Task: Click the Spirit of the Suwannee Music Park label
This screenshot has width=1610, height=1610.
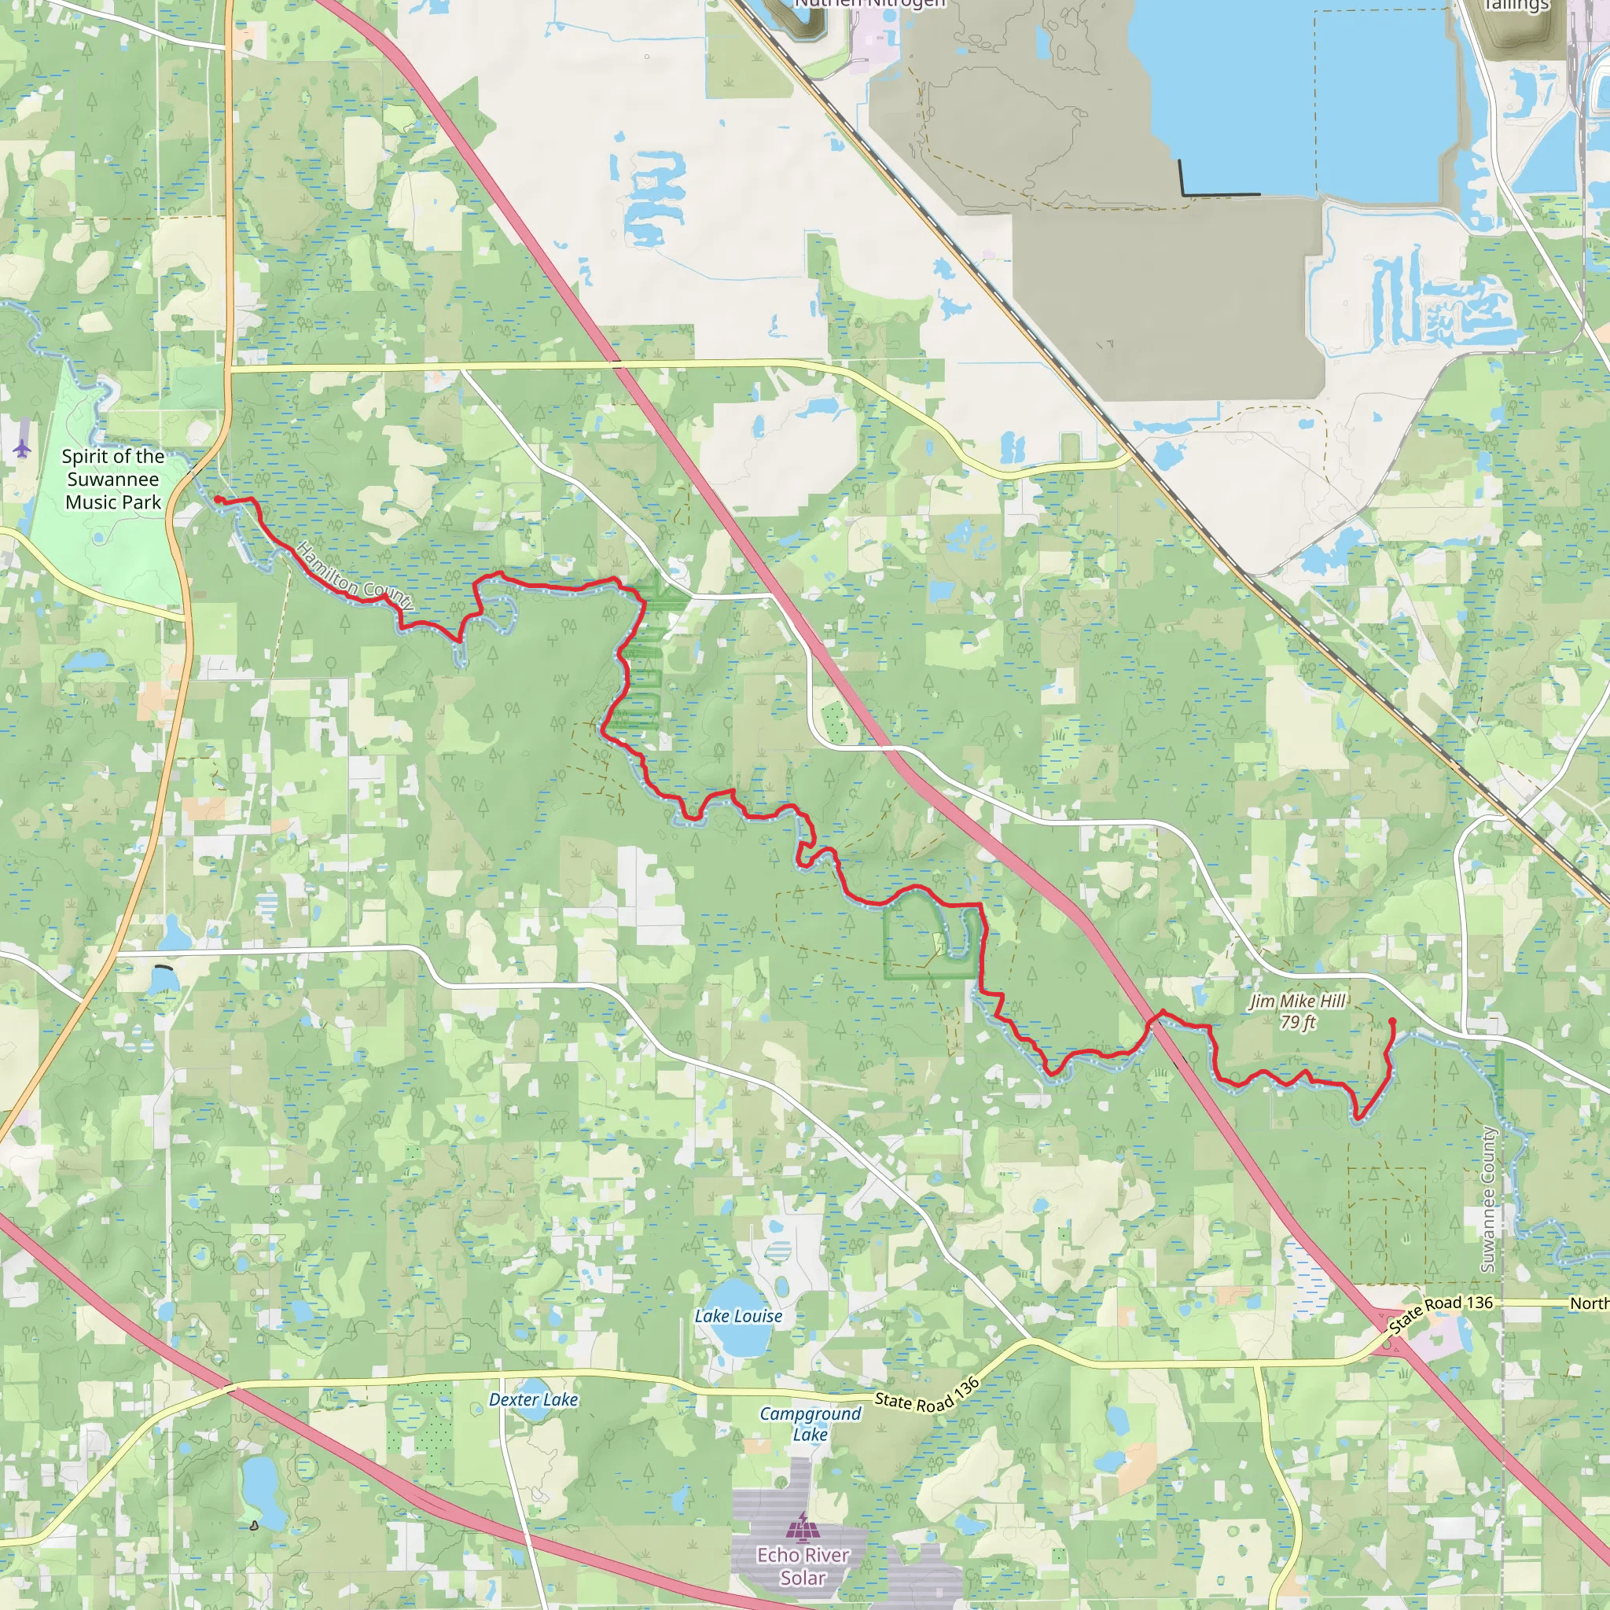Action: [112, 480]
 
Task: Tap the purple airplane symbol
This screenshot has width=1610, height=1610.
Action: [22, 449]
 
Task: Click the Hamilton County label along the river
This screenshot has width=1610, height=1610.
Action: [355, 575]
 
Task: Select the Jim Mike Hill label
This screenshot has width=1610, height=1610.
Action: [1297, 1001]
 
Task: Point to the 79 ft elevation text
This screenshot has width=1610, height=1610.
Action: [1297, 1022]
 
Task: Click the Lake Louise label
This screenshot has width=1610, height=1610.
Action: [738, 1316]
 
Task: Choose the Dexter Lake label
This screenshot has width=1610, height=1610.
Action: [533, 1400]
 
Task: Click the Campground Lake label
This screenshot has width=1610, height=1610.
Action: [810, 1424]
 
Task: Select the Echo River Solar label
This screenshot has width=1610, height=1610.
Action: [803, 1566]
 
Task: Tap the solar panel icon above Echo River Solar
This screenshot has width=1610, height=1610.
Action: [803, 1527]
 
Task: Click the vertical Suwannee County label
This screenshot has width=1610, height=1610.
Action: [1487, 1199]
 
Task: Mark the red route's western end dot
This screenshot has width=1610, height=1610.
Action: [219, 499]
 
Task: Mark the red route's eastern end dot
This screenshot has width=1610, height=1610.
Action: [1392, 1021]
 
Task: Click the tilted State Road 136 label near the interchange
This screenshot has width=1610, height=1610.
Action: [1440, 1314]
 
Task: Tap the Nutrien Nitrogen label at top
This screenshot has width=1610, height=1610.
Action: [869, 4]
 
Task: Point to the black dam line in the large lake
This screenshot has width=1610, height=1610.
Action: [1219, 194]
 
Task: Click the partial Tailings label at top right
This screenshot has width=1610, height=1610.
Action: [1516, 6]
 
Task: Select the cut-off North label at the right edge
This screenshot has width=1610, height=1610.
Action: [1588, 1303]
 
